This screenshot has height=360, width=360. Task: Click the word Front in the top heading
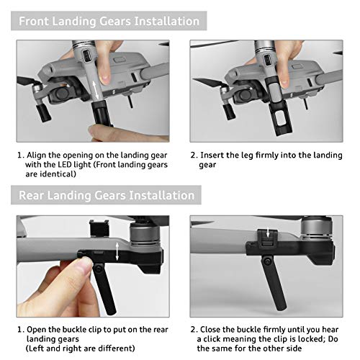coord(37,20)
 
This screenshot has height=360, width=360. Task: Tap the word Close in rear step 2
coord(215,328)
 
